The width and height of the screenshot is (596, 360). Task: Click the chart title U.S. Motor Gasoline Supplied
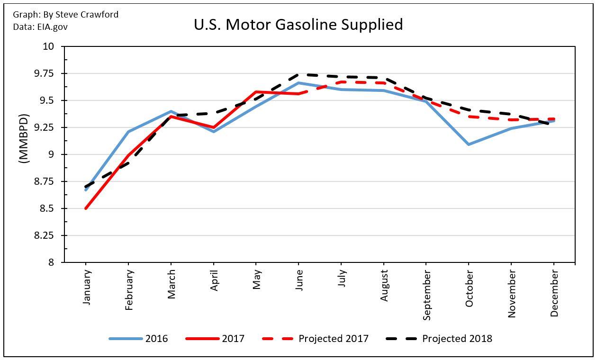[x=298, y=25]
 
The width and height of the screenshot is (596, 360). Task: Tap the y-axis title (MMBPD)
[x=24, y=139]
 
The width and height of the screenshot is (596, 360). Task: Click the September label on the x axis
[x=426, y=295]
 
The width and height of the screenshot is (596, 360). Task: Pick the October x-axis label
[x=469, y=288]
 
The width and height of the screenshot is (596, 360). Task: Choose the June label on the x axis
[x=299, y=280]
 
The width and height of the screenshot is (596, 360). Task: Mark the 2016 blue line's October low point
[x=469, y=144]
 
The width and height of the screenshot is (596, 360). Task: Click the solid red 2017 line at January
[x=86, y=208]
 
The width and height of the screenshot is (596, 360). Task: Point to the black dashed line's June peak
[x=298, y=74]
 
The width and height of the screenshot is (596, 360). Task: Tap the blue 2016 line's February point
[x=128, y=132]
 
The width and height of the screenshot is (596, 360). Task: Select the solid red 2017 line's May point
[x=256, y=91]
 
